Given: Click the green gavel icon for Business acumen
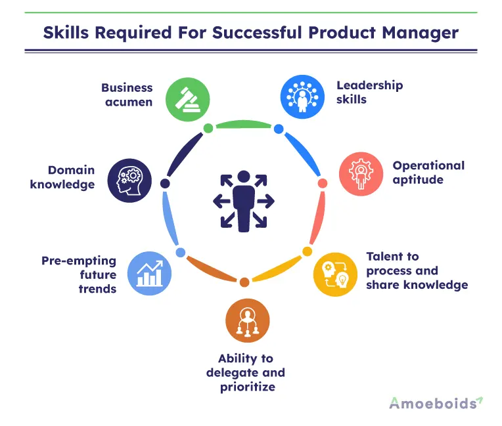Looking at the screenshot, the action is pos(188,100).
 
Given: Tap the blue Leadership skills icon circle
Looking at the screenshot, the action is pos(302,97).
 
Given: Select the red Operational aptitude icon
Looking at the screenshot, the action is pos(361,174).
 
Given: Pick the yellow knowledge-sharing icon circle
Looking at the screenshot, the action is pos(335,274).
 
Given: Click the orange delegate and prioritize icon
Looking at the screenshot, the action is pos(248,320).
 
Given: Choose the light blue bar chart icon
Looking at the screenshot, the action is pos(149,274).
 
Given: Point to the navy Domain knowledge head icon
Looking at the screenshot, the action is pos(129,181).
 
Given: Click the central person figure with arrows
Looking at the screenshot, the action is pos(244,201).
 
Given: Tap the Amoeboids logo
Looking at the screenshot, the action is pos(436,403).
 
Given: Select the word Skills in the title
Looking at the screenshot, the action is pos(66,33).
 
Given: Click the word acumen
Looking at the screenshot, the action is pos(129,102).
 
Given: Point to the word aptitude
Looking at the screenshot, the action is pos(418,180).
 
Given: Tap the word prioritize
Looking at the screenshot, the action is pos(248,387).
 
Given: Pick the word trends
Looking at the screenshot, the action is pos(97,289).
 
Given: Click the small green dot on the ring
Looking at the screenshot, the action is pos(208,128).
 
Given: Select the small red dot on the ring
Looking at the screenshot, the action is pos(323,183).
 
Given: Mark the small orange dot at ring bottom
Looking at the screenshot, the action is pos(244,282).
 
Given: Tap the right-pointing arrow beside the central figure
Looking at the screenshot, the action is pos(265,201).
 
